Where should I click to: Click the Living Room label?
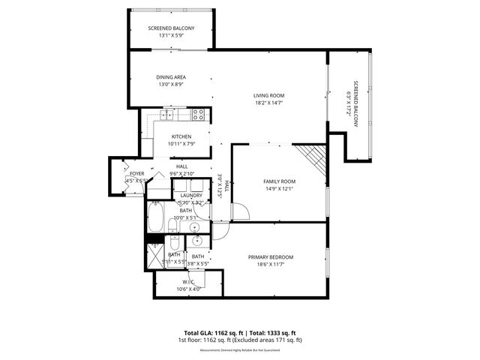268,95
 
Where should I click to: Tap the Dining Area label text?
170,76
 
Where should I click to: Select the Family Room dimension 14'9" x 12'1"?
279,189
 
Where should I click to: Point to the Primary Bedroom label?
271,257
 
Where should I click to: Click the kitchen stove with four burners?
198,115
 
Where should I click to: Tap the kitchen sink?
166,115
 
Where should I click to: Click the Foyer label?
136,173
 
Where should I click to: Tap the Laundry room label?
192,195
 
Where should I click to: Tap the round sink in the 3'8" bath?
197,241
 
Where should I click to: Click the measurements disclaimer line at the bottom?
240,350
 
